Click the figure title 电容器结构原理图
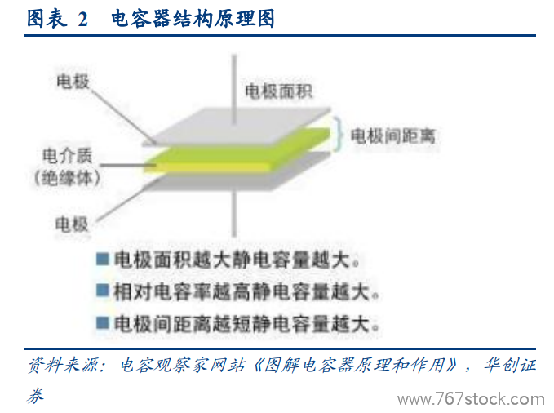click(x=193, y=19)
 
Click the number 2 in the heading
click(x=82, y=19)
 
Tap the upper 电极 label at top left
click(x=73, y=82)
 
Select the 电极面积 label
click(x=278, y=91)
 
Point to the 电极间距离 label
click(x=392, y=136)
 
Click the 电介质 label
click(x=67, y=156)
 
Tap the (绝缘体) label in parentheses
click(x=67, y=178)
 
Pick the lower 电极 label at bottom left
click(x=72, y=224)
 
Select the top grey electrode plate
click(x=237, y=127)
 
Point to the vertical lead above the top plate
click(x=233, y=90)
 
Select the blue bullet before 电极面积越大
click(x=103, y=259)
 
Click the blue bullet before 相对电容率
click(x=103, y=291)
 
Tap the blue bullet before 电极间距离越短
click(x=103, y=322)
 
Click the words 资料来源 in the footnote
click(x=63, y=365)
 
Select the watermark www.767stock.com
click(x=471, y=400)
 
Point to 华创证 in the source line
click(x=510, y=365)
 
